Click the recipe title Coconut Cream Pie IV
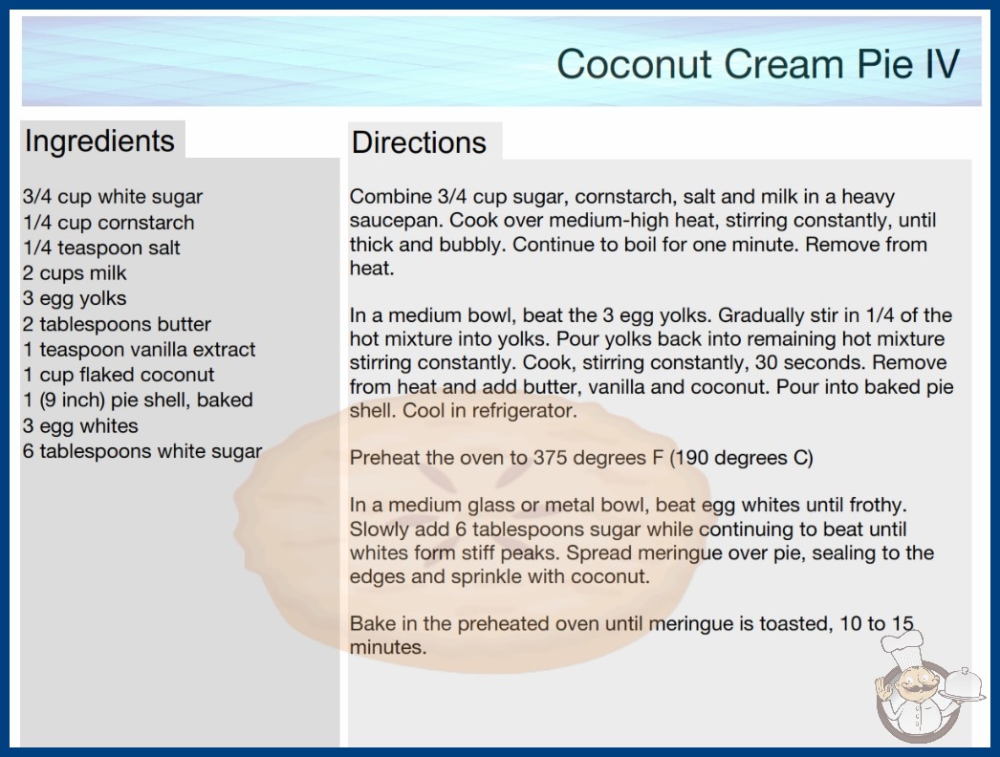pyautogui.click(x=758, y=64)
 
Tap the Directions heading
pyautogui.click(x=419, y=142)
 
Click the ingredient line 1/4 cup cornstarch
pyautogui.click(x=108, y=223)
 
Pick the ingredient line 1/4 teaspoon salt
pyautogui.click(x=101, y=248)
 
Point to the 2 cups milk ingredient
pyautogui.click(x=75, y=273)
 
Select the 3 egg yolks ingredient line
pyautogui.click(x=75, y=298)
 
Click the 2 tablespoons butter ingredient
pyautogui.click(x=117, y=324)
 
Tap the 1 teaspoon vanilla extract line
pyautogui.click(x=139, y=350)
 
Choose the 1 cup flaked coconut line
pyautogui.click(x=119, y=375)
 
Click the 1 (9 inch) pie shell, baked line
pyautogui.click(x=138, y=400)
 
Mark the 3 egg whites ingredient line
pyautogui.click(x=80, y=425)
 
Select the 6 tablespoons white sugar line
pyautogui.click(x=142, y=451)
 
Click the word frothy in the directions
pyautogui.click(x=879, y=506)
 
